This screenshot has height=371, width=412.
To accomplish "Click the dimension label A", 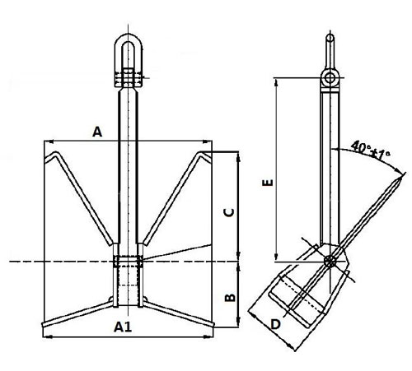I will click(97, 132).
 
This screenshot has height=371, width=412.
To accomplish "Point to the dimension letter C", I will click(231, 211).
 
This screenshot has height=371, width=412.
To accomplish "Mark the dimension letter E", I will click(265, 185).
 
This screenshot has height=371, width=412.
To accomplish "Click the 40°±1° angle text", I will click(369, 150).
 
